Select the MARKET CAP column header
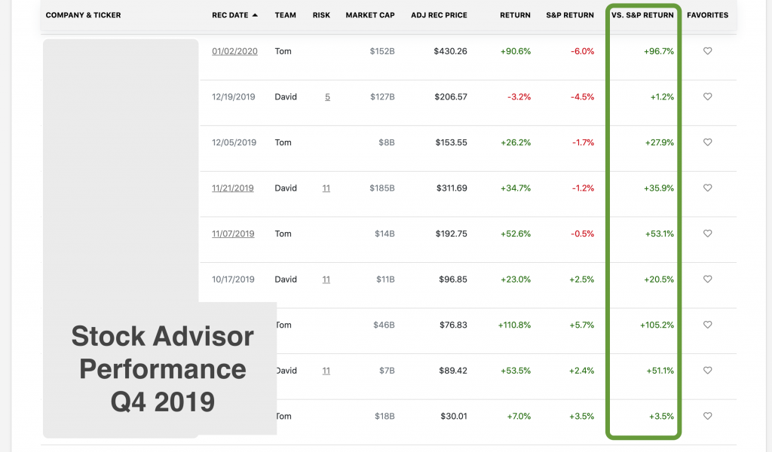click(370, 15)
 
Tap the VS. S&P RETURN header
click(642, 15)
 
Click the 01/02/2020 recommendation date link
click(234, 51)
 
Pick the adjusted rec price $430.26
click(450, 51)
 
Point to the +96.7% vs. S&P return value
click(659, 51)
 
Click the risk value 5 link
click(327, 97)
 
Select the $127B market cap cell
click(382, 97)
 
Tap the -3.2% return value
click(519, 97)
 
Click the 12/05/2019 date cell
click(234, 142)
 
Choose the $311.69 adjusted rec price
click(451, 188)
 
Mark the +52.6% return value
click(515, 234)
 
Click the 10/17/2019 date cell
click(233, 279)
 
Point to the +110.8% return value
click(514, 325)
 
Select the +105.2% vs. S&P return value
click(657, 325)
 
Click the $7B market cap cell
click(385, 371)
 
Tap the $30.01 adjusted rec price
click(453, 417)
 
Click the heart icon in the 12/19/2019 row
click(707, 97)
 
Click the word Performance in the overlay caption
click(162, 369)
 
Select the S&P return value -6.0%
click(582, 51)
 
